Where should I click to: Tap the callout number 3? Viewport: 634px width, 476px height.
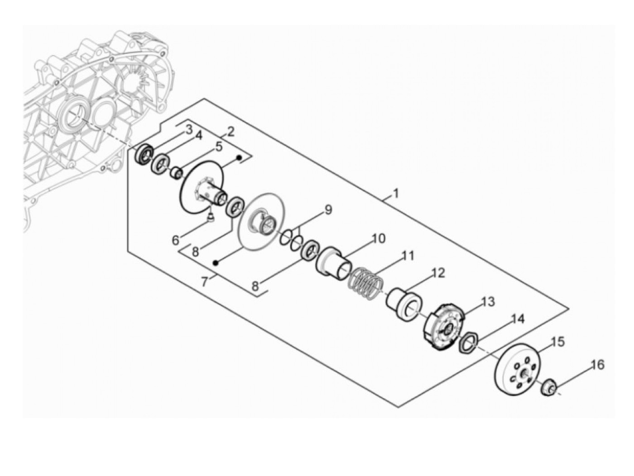tap(188, 130)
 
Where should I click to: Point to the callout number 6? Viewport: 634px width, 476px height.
tap(175, 240)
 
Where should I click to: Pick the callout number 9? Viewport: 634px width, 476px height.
tap(328, 209)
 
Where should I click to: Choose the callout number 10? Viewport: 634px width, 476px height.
tap(378, 238)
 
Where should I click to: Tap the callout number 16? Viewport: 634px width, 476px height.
tap(598, 364)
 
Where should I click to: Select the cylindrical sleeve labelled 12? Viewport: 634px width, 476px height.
tap(404, 304)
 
